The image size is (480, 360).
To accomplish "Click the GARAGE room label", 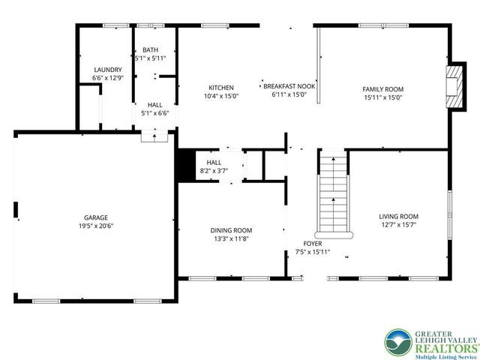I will tap(94, 217).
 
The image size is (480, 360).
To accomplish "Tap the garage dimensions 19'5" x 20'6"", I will tap(94, 226).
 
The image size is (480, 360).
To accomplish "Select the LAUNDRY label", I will tap(107, 70).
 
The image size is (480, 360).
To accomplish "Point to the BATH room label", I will tap(151, 49).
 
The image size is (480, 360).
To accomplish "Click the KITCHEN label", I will tap(220, 88).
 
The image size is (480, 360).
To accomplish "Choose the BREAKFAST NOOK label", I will tap(288, 87).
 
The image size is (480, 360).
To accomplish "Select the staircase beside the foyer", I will tap(333, 193).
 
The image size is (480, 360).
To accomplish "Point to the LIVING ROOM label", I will tap(398, 216).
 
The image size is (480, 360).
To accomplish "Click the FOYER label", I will tap(313, 244).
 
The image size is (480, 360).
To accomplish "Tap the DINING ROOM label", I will tap(231, 230).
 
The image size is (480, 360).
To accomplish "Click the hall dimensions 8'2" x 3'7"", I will tap(214, 171).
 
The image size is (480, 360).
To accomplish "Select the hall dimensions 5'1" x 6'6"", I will tap(155, 113).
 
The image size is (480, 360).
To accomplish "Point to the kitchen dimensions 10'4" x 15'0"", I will tap(220, 96).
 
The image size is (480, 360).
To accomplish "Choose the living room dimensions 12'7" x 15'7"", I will tap(398, 224).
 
